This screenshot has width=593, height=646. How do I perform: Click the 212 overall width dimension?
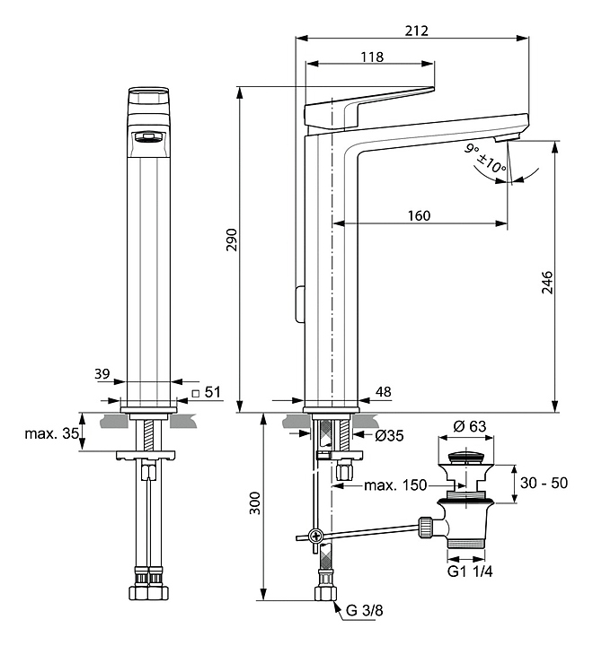(415, 30)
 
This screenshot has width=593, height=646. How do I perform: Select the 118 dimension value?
(371, 57)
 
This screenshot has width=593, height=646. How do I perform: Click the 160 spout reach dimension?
(418, 215)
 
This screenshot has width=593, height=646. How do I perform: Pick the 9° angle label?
(472, 150)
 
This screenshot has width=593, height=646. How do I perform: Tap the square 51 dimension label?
(209, 391)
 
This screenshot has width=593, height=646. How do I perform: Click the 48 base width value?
(384, 391)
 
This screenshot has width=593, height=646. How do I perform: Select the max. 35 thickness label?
(50, 435)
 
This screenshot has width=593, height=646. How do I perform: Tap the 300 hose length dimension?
(254, 508)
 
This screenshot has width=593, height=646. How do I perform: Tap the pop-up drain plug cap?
(467, 457)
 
